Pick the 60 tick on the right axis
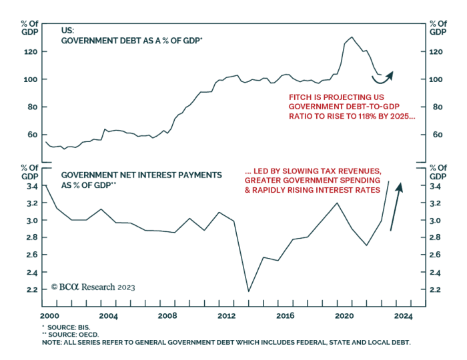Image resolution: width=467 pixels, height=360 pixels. [436, 135]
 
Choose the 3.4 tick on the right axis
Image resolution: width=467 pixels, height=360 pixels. [438, 187]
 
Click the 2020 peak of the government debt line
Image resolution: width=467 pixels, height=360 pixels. [352, 37]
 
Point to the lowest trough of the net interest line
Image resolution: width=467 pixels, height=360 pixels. [249, 291]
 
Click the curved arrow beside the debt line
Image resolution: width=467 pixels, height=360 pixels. [382, 78]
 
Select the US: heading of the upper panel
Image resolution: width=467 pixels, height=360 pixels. [69, 31]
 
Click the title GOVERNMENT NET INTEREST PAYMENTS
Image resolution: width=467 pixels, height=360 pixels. [141, 175]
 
